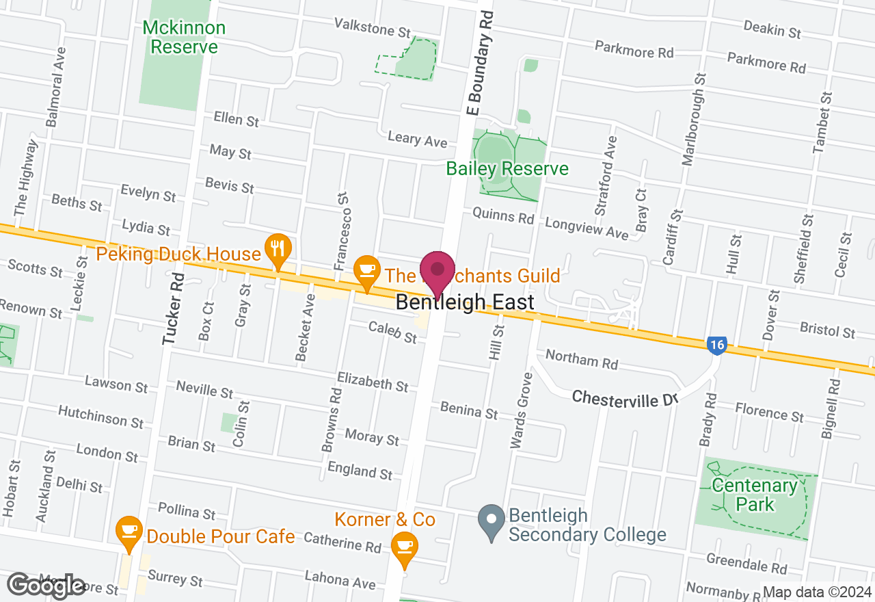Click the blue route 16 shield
(716, 345)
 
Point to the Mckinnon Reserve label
(184, 38)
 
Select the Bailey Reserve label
(507, 168)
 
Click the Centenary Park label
(755, 495)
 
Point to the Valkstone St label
(373, 28)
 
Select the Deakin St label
(772, 29)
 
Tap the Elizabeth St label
(373, 382)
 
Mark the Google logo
(46, 585)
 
